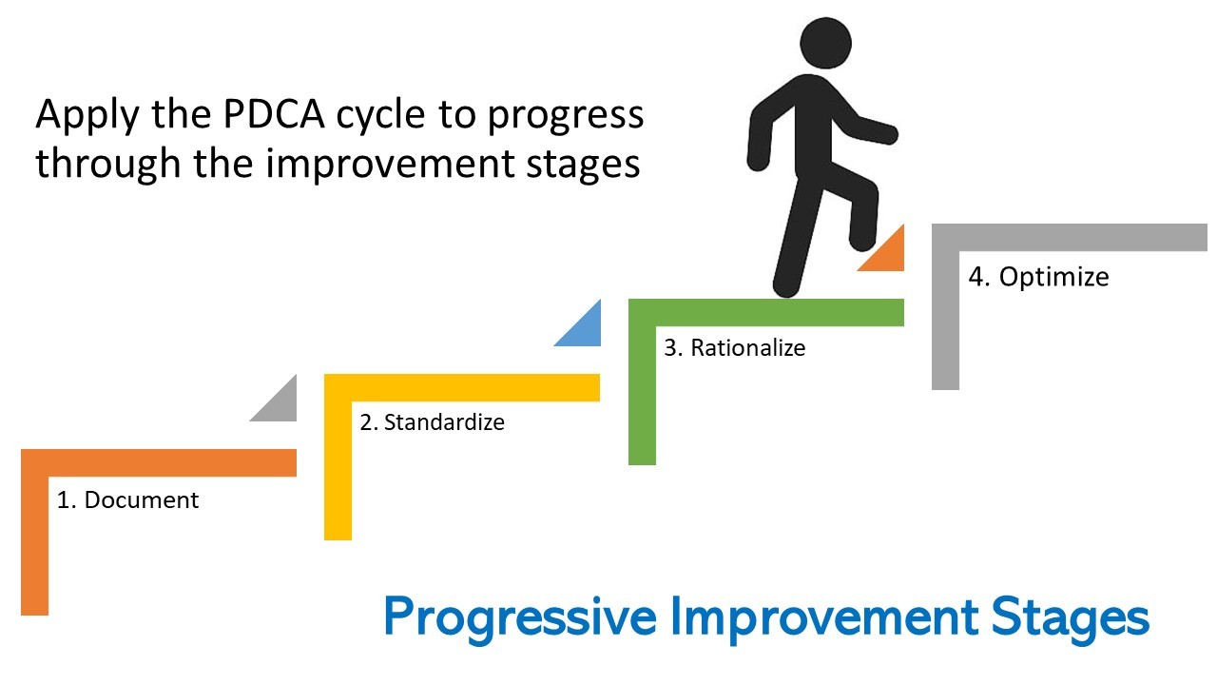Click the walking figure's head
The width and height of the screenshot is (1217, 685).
pos(825,43)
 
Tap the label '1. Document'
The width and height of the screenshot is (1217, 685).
pos(127,500)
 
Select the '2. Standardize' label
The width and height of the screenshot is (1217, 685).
pos(432,422)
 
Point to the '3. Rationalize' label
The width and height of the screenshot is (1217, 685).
pos(735,348)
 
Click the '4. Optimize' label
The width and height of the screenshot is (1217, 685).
pos(1038,277)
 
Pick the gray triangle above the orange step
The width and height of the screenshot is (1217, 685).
pos(280,405)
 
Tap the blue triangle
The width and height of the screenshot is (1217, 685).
pos(585,330)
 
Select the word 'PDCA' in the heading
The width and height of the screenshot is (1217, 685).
pos(274,115)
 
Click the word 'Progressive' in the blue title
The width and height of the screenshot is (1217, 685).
pos(520,618)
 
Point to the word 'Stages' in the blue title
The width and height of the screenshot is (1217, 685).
pos(1071,618)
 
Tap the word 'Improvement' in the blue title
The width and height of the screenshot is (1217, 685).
pos(824,618)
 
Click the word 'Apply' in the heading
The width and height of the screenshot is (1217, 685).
pos(87,117)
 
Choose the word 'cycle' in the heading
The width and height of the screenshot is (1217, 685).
pos(380,117)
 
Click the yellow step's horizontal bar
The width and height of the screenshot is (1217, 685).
pos(462,387)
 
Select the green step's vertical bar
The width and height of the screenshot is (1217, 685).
pos(642,395)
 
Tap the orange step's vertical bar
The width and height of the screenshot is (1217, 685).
pos(35,546)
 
